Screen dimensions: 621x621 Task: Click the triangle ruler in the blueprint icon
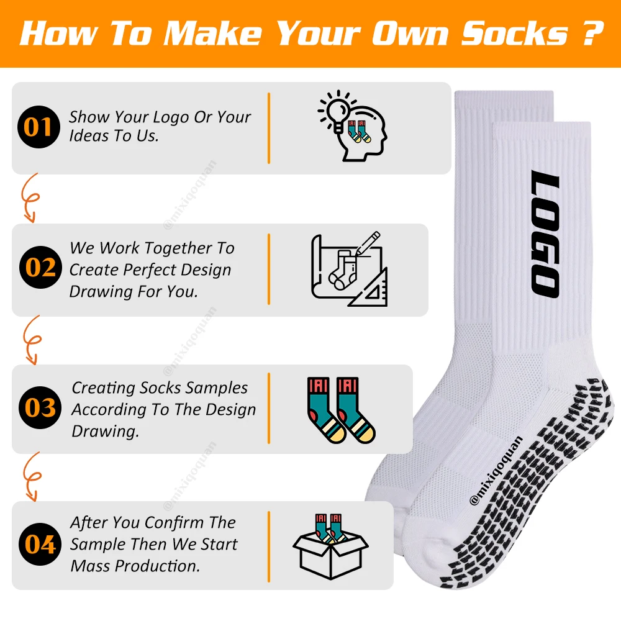(x=369, y=288)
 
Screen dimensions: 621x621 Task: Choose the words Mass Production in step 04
(x=135, y=566)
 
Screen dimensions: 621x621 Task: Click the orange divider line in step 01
(x=270, y=129)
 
